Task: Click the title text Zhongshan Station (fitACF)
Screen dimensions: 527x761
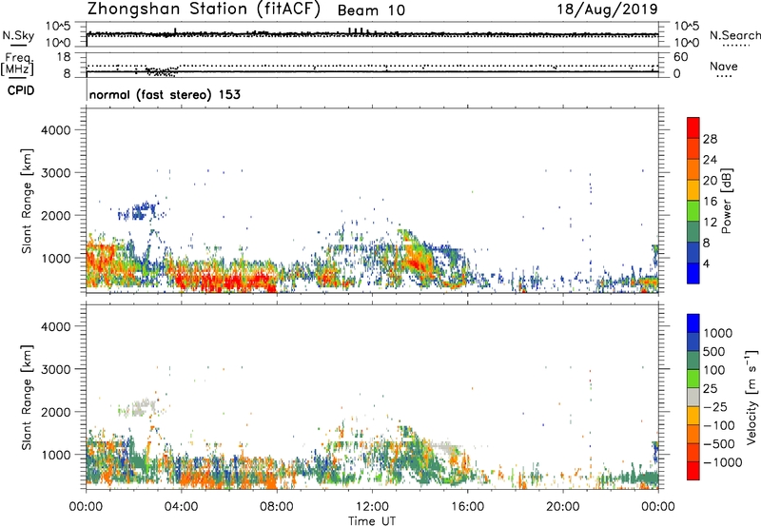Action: [x=201, y=10]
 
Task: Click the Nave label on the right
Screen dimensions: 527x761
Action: [x=724, y=68]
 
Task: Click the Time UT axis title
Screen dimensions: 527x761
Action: [x=371, y=521]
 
